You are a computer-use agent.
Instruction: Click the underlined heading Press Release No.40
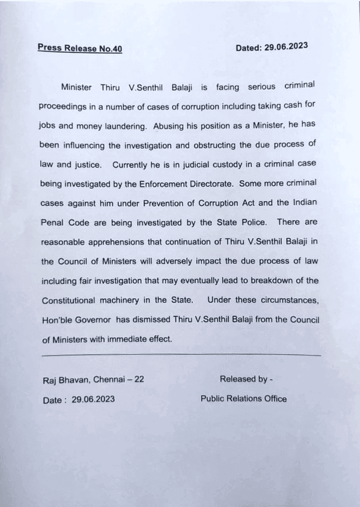[80, 48]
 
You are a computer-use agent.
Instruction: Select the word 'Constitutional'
[69, 301]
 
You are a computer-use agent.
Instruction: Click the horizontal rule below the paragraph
[181, 356]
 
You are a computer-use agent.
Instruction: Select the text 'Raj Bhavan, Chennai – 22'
[93, 380]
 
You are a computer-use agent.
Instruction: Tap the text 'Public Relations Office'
[244, 398]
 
